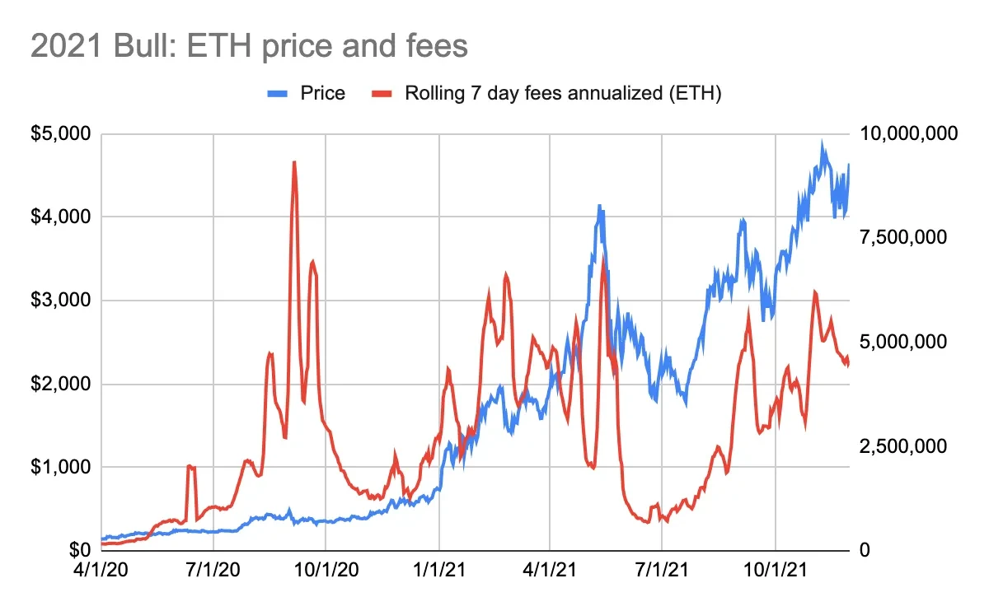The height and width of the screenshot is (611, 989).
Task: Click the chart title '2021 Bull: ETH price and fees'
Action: [x=249, y=46]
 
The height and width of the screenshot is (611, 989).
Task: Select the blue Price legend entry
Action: [x=306, y=93]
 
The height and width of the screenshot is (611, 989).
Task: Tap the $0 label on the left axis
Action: [x=78, y=549]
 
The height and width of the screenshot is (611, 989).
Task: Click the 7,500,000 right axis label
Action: [x=902, y=237]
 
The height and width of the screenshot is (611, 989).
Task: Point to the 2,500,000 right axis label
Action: [x=902, y=445]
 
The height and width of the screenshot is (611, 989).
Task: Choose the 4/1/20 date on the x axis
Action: [x=101, y=569]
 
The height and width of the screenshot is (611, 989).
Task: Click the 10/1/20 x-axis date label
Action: [x=326, y=569]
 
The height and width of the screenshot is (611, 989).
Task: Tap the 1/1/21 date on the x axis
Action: [x=439, y=569]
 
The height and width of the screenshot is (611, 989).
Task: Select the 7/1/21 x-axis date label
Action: [x=663, y=569]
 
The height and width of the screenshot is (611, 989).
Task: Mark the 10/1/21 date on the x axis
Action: [x=776, y=569]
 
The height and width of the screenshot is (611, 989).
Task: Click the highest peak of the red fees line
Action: [x=294, y=162]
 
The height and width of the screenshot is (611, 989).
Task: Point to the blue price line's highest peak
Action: [x=822, y=142]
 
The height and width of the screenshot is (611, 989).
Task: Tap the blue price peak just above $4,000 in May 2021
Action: [x=600, y=206]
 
